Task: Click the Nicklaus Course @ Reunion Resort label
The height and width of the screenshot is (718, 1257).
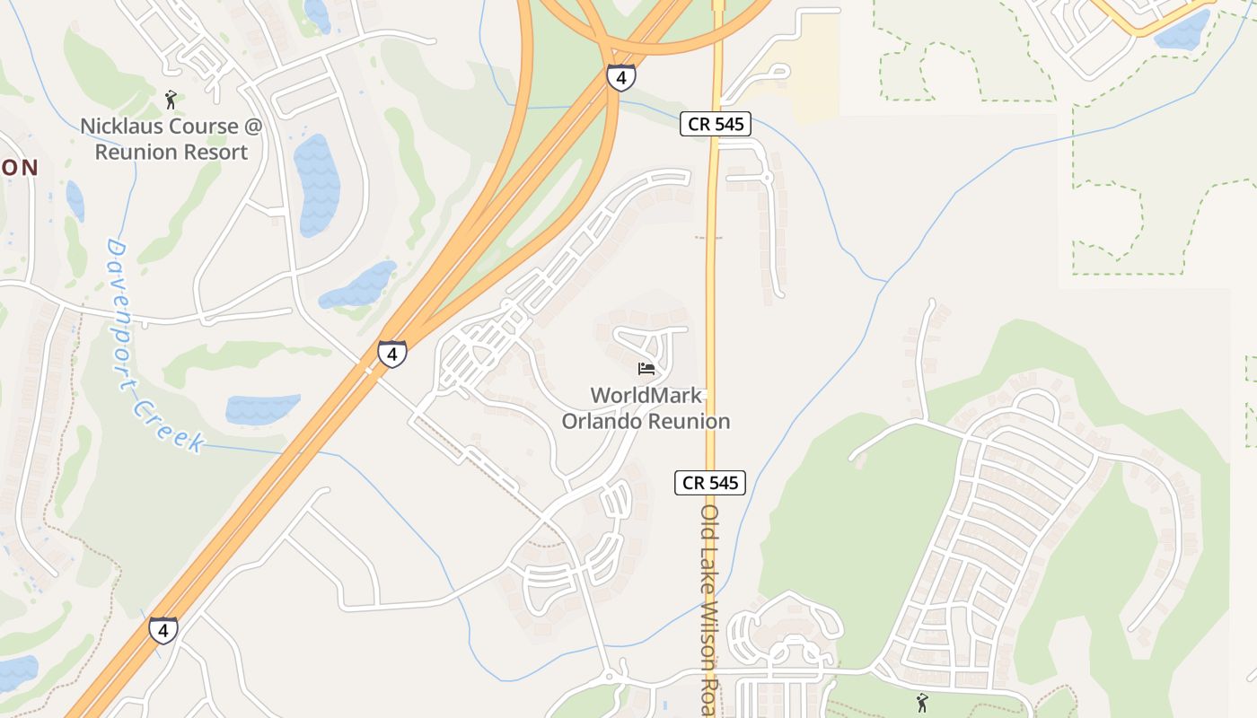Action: click(x=171, y=139)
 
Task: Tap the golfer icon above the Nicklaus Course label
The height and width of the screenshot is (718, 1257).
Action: click(x=171, y=99)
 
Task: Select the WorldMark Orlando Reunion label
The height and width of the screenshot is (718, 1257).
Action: click(x=646, y=408)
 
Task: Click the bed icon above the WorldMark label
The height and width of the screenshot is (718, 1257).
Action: click(x=646, y=368)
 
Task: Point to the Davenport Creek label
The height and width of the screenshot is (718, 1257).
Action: click(x=152, y=346)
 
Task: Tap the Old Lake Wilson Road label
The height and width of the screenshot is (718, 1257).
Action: click(x=710, y=610)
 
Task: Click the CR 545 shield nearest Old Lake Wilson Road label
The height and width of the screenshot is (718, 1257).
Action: click(x=710, y=483)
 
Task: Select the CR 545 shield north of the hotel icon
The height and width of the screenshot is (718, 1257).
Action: click(x=715, y=125)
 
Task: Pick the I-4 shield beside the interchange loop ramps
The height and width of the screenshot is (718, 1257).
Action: click(x=620, y=76)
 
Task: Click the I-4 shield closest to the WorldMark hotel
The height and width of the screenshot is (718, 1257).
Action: click(x=391, y=353)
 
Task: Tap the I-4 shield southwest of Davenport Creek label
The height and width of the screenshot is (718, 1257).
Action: click(x=163, y=630)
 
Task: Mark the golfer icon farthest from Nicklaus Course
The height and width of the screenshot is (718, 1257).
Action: click(x=921, y=702)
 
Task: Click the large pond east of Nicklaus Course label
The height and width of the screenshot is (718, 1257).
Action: click(x=318, y=184)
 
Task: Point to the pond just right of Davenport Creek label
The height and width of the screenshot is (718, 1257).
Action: click(x=262, y=409)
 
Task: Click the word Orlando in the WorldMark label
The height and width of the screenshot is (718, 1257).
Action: click(x=602, y=421)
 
